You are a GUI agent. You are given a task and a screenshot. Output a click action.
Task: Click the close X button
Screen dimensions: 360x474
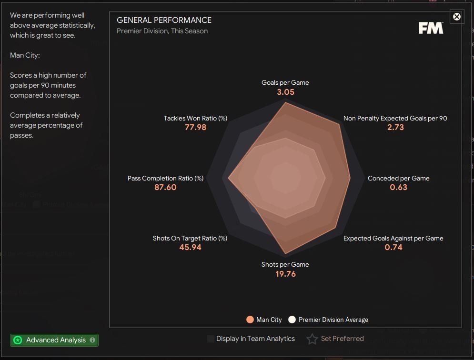[457, 17]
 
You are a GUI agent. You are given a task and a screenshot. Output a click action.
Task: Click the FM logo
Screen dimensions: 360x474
[431, 28]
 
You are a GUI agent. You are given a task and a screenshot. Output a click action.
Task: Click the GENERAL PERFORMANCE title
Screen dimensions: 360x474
[164, 20]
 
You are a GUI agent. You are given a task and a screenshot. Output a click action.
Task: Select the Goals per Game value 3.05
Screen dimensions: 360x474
[285, 92]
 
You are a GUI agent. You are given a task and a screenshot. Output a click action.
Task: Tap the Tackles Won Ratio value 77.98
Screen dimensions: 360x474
[195, 127]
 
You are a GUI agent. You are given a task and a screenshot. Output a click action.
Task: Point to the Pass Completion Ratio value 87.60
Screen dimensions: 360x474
[165, 187]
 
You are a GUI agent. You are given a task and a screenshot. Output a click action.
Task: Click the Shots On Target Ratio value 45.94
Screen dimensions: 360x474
[190, 247]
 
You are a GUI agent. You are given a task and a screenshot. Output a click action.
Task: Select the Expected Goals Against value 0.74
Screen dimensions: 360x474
[393, 247]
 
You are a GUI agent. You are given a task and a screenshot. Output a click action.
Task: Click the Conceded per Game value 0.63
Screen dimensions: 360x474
[398, 187]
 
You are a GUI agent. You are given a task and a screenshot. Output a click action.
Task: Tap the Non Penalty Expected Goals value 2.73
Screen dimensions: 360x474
[395, 127]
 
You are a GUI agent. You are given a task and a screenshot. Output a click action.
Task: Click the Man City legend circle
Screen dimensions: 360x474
[250, 320]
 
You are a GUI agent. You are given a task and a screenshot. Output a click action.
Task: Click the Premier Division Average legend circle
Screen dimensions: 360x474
[292, 320]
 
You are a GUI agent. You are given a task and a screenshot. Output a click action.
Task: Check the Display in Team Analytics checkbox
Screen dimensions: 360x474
[211, 339]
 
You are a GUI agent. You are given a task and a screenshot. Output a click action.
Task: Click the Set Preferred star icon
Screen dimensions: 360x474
[312, 339]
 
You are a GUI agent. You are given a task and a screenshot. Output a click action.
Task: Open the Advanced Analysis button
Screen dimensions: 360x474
[54, 340]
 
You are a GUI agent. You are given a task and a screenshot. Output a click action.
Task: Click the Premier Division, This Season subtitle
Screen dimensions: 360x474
[162, 31]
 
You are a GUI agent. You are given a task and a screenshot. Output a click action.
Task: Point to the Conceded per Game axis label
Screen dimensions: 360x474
[398, 178]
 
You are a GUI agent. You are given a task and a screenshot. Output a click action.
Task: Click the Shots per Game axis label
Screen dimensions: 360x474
[285, 264]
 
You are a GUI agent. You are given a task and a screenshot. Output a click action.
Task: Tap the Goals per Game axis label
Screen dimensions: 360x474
[285, 82]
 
